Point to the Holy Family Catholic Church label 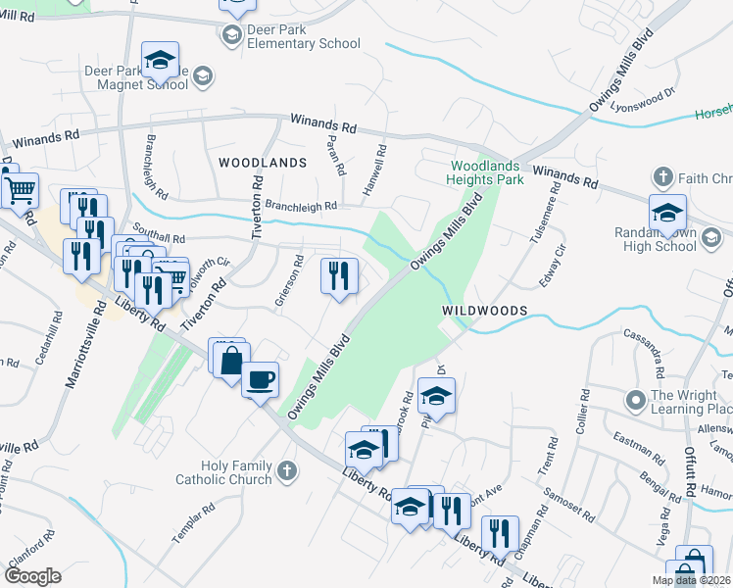tap(223, 472)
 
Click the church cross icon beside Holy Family tap(286, 472)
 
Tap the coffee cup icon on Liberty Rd tap(260, 378)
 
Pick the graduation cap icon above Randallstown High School tap(667, 212)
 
